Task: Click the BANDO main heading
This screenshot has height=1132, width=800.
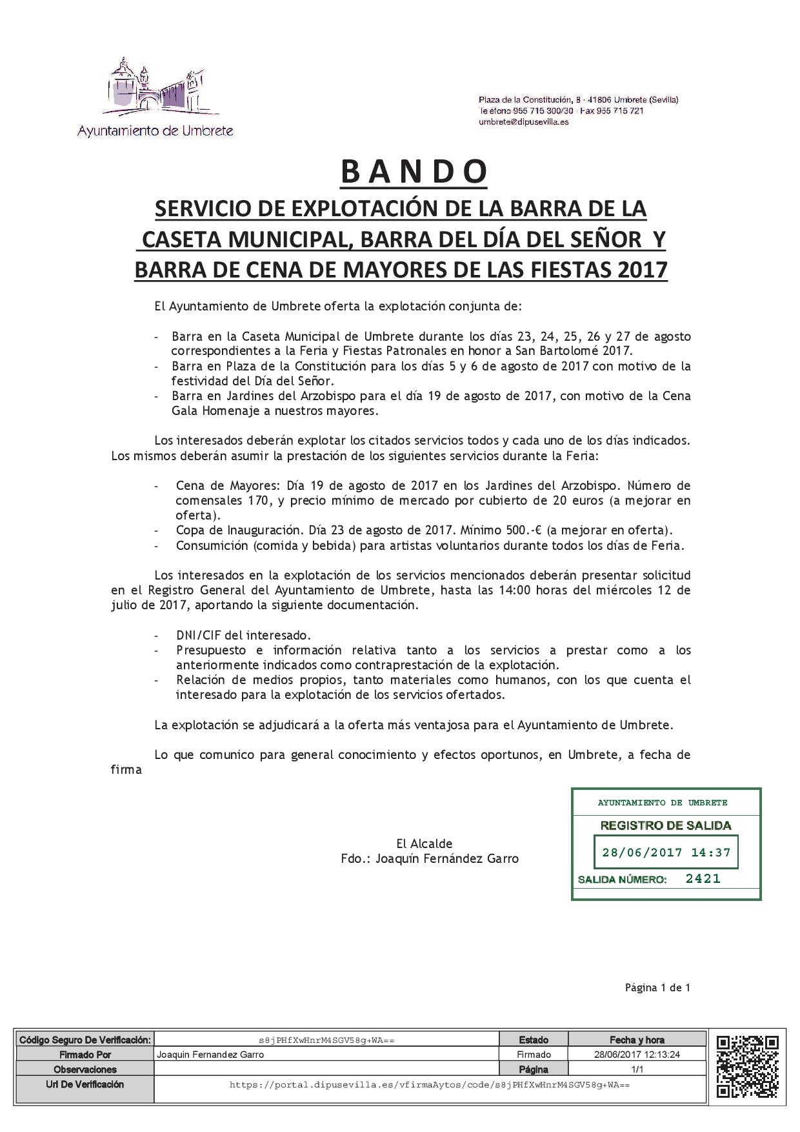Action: tap(414, 172)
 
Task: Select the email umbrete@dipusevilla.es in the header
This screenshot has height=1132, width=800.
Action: tap(523, 122)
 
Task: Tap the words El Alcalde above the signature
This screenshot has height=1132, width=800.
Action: tap(424, 844)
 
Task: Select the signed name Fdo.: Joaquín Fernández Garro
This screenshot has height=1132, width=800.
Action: tap(430, 858)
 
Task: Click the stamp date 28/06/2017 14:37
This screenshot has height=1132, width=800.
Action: tap(666, 853)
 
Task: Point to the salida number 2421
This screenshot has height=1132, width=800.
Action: tap(703, 878)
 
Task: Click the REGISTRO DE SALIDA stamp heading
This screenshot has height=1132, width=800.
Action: tap(666, 825)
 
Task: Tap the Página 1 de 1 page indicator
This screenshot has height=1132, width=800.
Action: tap(657, 987)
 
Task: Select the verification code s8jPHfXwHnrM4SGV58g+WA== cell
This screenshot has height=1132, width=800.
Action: tap(326, 1040)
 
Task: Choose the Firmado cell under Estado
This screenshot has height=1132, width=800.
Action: tap(534, 1055)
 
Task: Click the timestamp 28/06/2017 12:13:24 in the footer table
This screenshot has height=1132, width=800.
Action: tap(637, 1055)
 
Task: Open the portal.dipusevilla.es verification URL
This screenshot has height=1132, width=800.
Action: tap(430, 1085)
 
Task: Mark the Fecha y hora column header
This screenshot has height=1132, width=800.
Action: tap(637, 1040)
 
